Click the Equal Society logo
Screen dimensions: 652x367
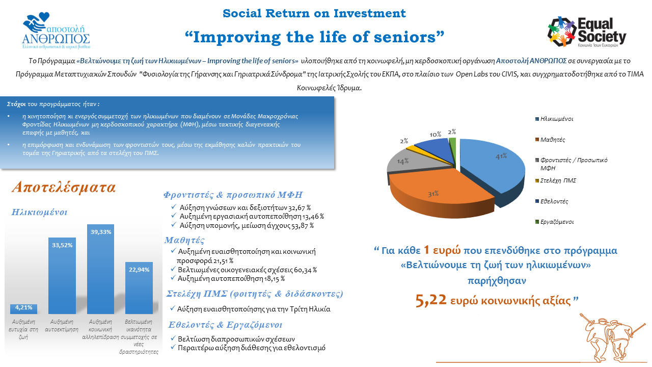pos(587,32)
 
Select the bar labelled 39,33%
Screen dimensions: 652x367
pos(101,269)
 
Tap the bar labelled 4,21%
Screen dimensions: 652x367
pos(23,309)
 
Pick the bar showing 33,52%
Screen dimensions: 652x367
pos(62,276)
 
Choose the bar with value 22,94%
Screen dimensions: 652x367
pos(139,288)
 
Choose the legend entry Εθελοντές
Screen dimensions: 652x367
pos(552,201)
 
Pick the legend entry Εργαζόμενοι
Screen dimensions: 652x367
pos(555,222)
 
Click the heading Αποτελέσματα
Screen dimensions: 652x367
pos(64,187)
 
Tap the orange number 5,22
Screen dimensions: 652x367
pos(431,300)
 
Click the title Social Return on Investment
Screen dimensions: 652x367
pos(314,13)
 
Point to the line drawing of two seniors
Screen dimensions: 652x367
pos(611,338)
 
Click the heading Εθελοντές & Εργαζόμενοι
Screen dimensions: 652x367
pos(225,325)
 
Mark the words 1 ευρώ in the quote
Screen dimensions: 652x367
pos(442,250)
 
